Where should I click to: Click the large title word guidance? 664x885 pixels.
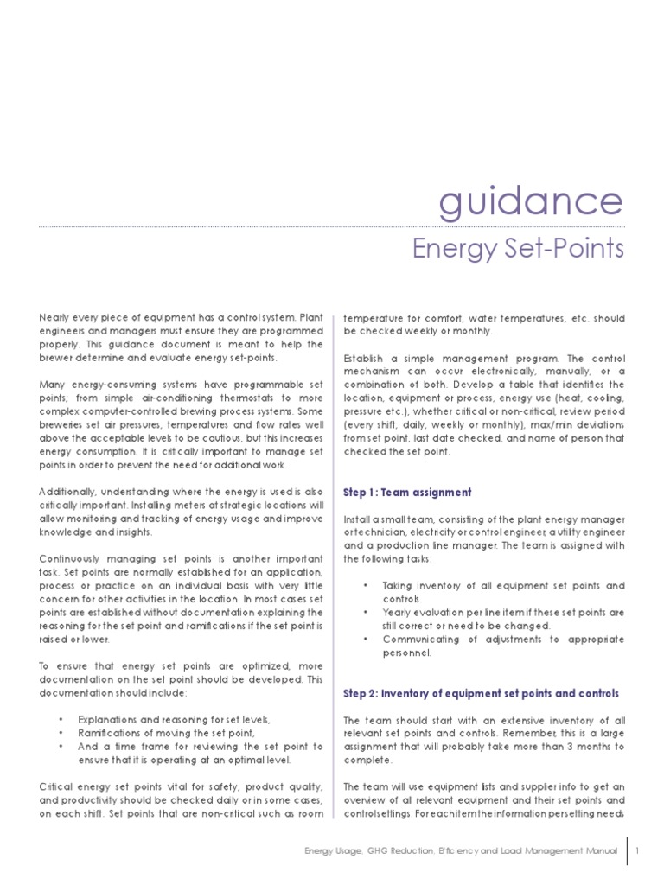point(530,201)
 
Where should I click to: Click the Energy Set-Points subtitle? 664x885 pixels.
point(517,249)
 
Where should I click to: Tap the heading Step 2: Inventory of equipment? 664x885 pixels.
point(481,694)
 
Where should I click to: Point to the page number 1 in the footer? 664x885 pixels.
point(636,850)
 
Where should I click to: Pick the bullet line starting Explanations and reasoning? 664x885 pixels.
point(174,720)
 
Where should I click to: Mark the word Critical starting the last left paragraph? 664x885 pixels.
point(55,787)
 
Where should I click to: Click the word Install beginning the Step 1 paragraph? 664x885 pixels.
point(358,519)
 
